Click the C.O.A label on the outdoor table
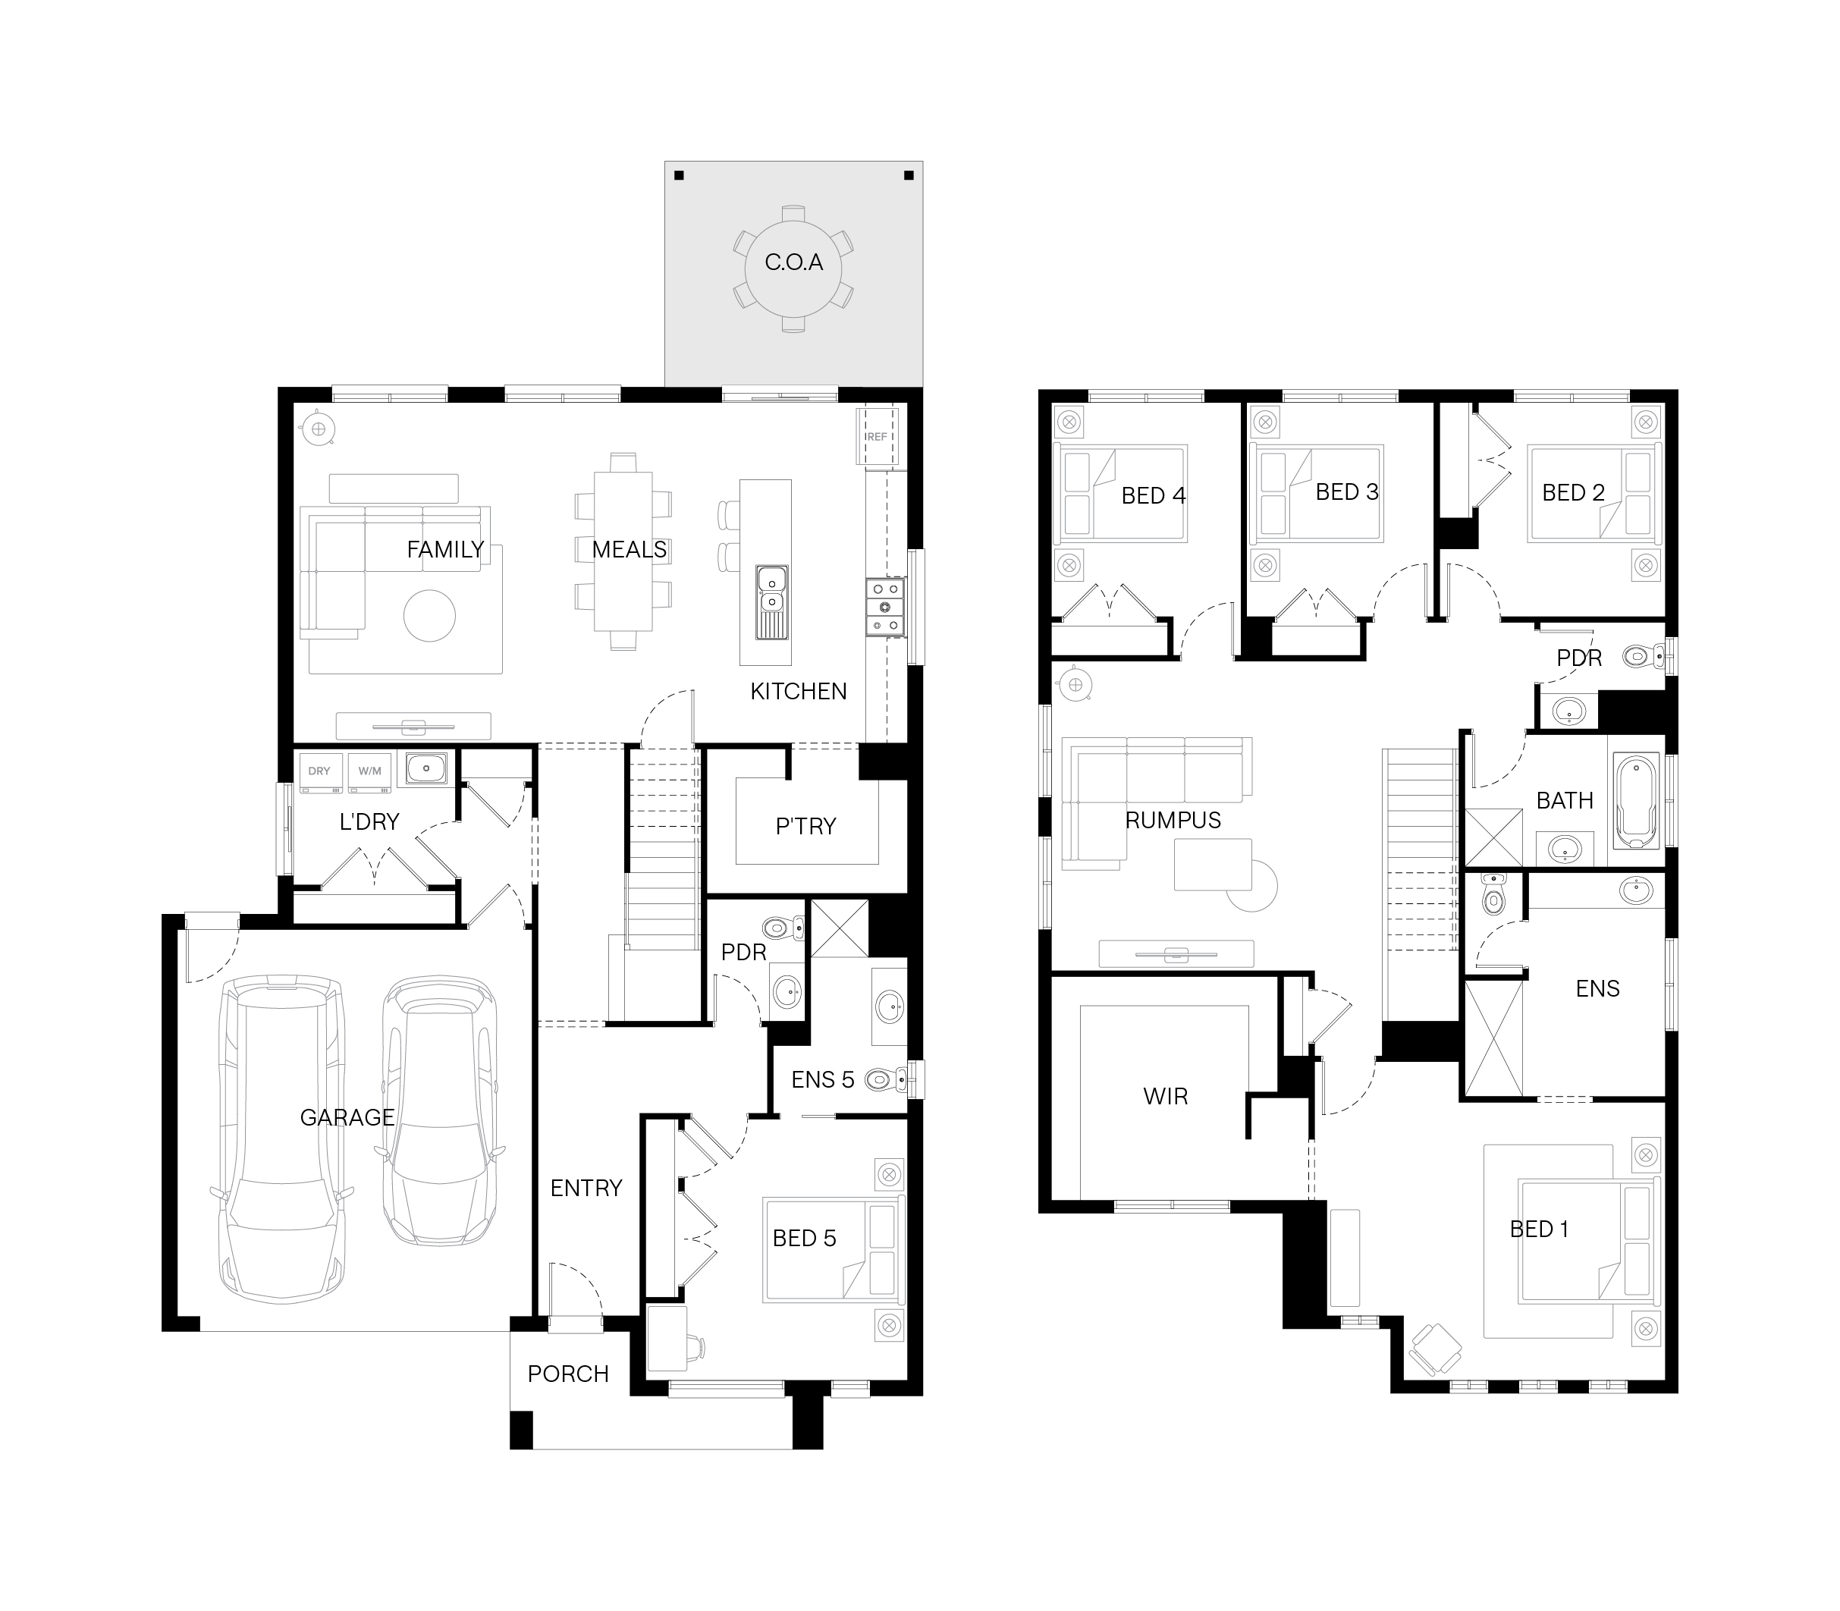[793, 262]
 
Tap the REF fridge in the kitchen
[877, 437]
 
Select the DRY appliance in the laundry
[319, 772]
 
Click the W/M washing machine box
[369, 772]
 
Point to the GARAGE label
[347, 1117]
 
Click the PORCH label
[568, 1374]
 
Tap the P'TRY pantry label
[805, 826]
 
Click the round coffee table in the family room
[430, 616]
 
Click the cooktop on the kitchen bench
[884, 608]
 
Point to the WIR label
[1165, 1097]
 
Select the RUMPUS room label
[1173, 820]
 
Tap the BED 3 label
[1346, 491]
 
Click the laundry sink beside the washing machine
[426, 768]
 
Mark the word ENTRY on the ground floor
[586, 1189]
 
